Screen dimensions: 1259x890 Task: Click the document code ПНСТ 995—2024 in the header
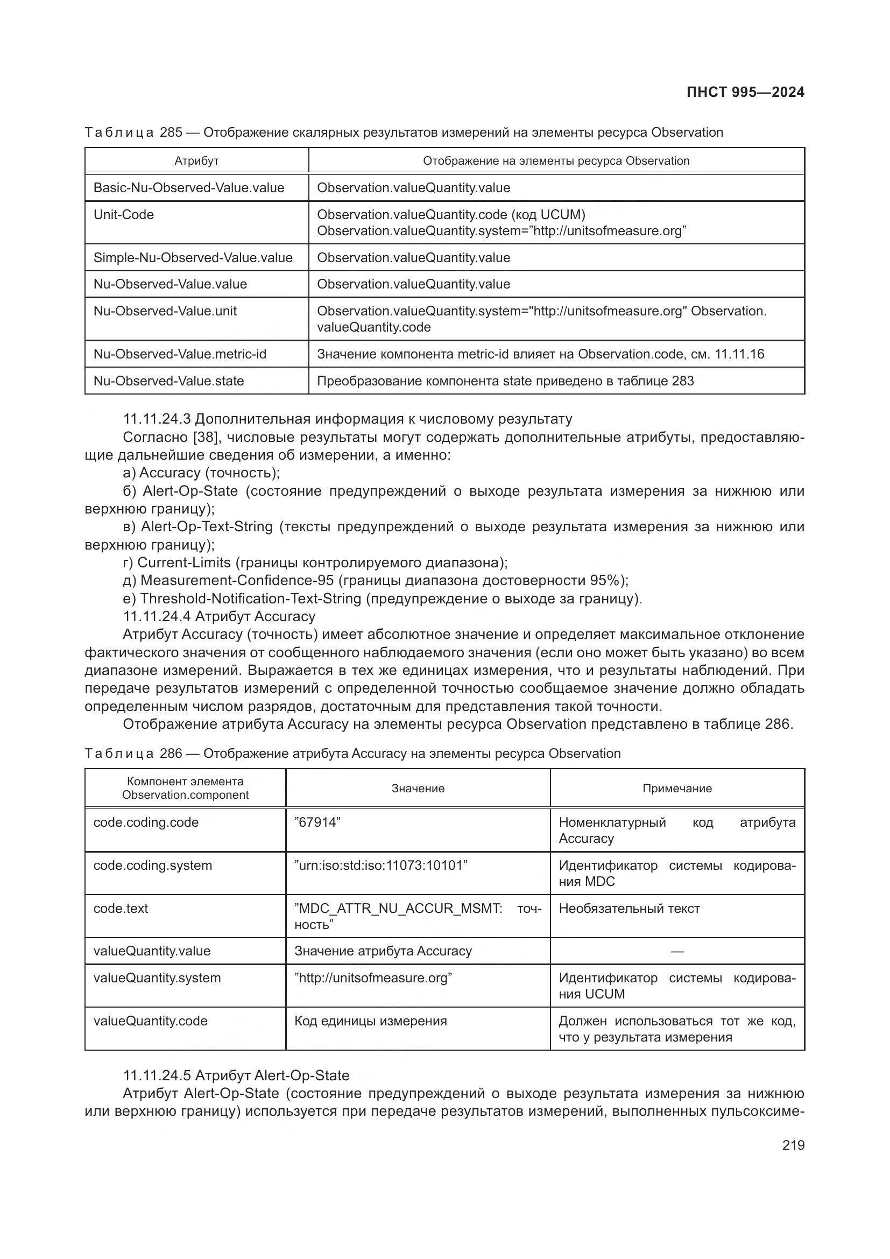(x=745, y=92)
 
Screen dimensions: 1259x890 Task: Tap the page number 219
(x=793, y=1145)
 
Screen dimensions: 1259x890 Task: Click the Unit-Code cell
(x=124, y=215)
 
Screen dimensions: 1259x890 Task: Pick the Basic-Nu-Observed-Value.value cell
(x=188, y=188)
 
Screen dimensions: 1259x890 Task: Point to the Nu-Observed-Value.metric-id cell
(x=180, y=354)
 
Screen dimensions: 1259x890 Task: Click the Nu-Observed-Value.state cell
(x=168, y=381)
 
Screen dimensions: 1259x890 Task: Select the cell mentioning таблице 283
(x=505, y=381)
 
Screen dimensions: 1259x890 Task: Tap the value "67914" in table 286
(x=317, y=822)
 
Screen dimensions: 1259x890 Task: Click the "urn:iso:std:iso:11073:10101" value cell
(x=381, y=866)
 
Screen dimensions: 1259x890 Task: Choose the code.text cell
(x=121, y=908)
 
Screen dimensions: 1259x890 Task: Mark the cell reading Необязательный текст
(x=629, y=909)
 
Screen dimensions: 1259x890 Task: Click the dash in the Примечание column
(x=677, y=951)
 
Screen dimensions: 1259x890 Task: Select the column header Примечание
(x=677, y=789)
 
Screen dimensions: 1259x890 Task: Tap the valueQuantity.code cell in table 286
(x=150, y=1021)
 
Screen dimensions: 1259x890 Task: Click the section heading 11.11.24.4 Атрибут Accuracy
(x=219, y=616)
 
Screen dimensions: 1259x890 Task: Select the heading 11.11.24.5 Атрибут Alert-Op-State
(x=236, y=1075)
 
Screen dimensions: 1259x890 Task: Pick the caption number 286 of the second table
(x=171, y=754)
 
